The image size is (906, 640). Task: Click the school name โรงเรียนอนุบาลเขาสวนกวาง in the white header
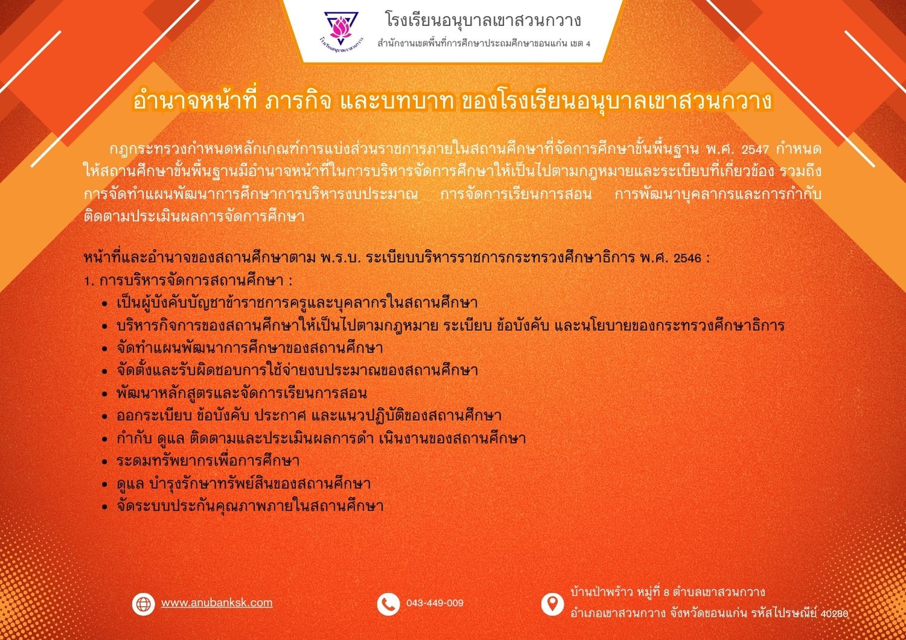click(x=483, y=20)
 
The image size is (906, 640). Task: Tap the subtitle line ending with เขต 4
click(x=484, y=43)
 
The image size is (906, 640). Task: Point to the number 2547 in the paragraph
click(x=755, y=150)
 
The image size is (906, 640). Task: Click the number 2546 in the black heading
click(x=687, y=258)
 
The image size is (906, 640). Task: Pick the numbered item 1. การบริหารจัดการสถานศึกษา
click(x=188, y=281)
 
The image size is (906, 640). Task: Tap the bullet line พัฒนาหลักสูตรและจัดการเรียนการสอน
click(x=242, y=393)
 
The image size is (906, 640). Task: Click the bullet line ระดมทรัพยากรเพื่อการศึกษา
click(x=208, y=461)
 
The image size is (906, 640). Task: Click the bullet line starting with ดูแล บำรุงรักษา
click(x=243, y=483)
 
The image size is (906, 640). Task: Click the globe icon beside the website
click(x=143, y=604)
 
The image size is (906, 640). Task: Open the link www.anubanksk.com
click(x=217, y=603)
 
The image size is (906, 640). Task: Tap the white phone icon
click(x=388, y=604)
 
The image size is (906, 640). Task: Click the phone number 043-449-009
click(x=435, y=603)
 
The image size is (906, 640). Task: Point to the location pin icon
click(x=553, y=604)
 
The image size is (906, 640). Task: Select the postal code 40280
click(x=834, y=613)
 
